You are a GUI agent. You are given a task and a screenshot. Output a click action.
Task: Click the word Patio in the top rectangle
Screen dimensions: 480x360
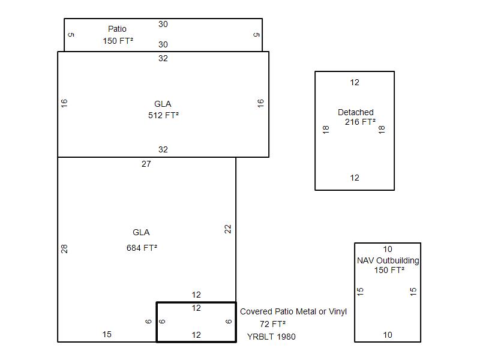[x=117, y=29]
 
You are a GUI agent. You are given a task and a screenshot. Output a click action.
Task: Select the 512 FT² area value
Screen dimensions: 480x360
[x=163, y=115]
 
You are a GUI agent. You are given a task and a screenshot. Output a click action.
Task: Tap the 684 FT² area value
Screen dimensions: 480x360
[x=142, y=248]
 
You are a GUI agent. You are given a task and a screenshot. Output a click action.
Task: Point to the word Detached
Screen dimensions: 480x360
[x=356, y=112]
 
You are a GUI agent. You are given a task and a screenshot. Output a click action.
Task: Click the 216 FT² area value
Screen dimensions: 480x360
[x=361, y=122]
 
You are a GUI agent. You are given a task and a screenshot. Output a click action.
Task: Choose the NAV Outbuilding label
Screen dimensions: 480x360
[x=388, y=260]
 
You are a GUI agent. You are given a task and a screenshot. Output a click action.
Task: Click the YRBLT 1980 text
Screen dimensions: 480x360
[x=271, y=337]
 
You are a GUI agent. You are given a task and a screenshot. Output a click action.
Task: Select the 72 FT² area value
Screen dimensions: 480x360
[x=273, y=324]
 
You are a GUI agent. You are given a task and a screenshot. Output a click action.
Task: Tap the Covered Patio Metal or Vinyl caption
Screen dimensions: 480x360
[x=293, y=311]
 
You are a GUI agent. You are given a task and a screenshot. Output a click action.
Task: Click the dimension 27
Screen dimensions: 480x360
[x=146, y=164]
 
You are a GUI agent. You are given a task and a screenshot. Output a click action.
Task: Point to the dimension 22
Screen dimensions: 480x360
[x=228, y=229]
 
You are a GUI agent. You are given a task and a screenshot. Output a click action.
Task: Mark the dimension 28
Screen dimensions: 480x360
[x=64, y=249]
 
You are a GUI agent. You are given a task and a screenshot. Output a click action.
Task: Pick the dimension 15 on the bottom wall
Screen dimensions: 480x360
[x=107, y=334]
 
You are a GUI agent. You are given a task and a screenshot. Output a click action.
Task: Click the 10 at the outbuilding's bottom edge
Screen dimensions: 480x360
[x=388, y=335]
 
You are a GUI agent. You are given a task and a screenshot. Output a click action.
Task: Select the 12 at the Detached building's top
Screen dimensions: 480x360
[x=355, y=82]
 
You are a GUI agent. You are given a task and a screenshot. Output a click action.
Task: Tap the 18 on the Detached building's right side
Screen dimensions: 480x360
[x=382, y=130]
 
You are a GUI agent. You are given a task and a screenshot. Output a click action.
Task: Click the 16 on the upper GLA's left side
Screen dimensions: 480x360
[x=64, y=103]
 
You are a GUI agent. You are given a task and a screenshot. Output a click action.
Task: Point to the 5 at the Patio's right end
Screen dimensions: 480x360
[x=257, y=35]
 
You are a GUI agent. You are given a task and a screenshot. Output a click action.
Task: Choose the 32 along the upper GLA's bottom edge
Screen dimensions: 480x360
[x=163, y=149]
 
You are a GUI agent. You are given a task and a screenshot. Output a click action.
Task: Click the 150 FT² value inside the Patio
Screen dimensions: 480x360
[x=118, y=41]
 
